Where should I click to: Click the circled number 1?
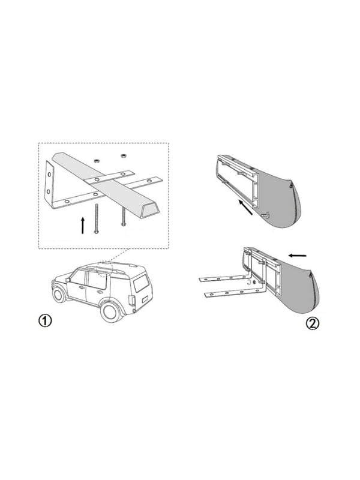click(45, 320)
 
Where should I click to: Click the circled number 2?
click(312, 323)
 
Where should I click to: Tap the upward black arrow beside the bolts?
click(82, 226)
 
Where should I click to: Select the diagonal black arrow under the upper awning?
click(246, 207)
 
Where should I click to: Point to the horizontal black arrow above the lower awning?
click(297, 255)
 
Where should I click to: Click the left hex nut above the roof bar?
click(96, 160)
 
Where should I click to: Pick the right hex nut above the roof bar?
click(124, 156)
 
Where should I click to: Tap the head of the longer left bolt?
click(96, 232)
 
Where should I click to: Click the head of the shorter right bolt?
click(124, 224)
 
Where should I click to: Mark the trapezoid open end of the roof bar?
click(149, 212)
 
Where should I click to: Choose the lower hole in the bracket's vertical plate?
click(48, 192)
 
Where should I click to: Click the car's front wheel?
click(58, 295)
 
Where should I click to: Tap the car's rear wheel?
click(110, 311)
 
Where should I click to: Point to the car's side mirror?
click(68, 280)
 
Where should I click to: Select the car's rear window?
click(141, 283)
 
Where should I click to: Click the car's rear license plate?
click(145, 299)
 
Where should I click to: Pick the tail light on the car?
click(132, 301)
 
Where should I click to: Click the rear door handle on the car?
click(99, 292)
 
